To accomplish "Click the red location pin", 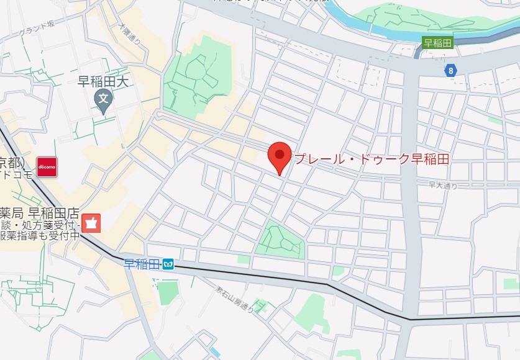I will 280,156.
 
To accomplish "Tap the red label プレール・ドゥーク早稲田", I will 371,160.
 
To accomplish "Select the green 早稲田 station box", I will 438,43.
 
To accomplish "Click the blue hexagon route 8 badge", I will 450,71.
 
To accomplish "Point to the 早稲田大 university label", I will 102,81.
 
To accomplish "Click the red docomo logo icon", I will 47,167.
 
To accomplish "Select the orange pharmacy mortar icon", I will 91,223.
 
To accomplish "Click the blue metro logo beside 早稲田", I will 168,265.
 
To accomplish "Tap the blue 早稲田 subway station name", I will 142,264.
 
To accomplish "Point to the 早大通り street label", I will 442,185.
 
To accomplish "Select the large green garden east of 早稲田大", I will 196,74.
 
